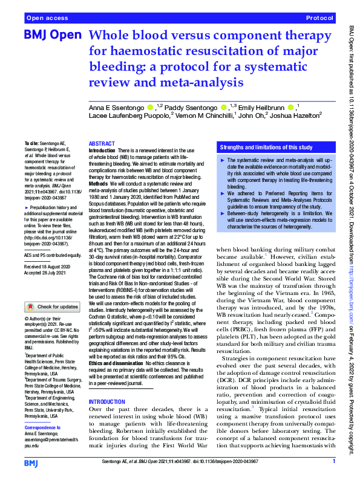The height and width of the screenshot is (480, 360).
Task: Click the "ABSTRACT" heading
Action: pyautogui.click(x=102, y=143)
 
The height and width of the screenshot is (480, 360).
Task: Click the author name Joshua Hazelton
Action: pyautogui.click(x=295, y=115)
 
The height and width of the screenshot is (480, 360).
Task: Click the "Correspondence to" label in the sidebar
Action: pyautogui.click(x=47, y=411)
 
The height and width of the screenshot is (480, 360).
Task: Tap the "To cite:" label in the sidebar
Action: pyautogui.click(x=32, y=144)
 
